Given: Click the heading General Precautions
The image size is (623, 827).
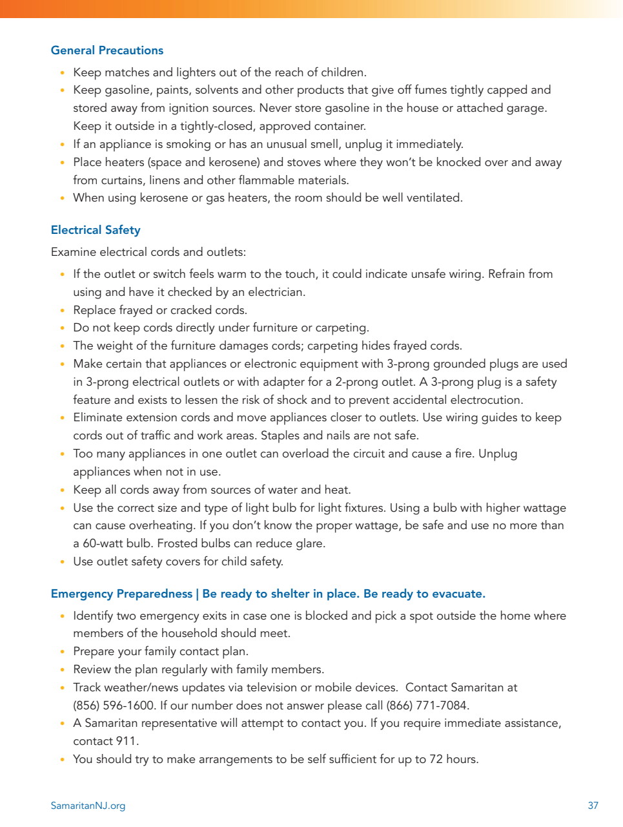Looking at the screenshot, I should (x=107, y=50).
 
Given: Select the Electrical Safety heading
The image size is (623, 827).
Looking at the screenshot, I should (x=96, y=230).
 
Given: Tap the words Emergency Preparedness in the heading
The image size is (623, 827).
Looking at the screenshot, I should (x=121, y=594).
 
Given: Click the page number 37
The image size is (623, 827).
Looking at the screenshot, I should (x=593, y=806).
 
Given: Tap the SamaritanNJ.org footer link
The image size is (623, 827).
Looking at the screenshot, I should (x=88, y=806).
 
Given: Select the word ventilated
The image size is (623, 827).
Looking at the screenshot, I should (x=433, y=198).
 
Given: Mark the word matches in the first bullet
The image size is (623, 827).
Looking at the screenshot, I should (x=127, y=72).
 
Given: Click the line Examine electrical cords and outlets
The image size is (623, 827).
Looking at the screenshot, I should (x=148, y=252).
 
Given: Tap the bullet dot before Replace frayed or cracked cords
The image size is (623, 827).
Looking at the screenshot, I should (x=62, y=310).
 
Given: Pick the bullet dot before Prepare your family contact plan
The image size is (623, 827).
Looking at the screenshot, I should (x=62, y=651).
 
